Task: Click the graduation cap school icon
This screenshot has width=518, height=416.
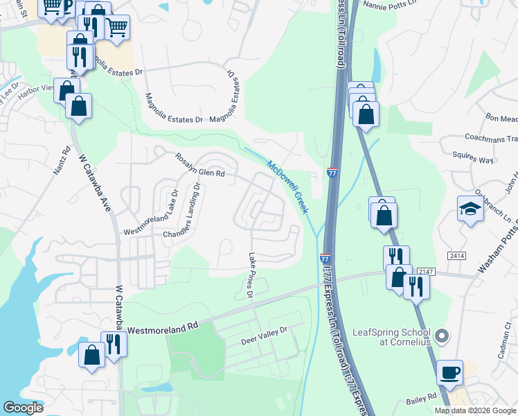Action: pyautogui.click(x=470, y=208)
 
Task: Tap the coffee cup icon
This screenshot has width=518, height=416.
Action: pyautogui.click(x=450, y=372)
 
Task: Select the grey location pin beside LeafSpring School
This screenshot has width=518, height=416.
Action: pyautogui.click(x=443, y=336)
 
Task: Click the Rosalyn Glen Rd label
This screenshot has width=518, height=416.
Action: pyautogui.click(x=201, y=164)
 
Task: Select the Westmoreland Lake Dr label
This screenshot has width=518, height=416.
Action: pyautogui.click(x=151, y=213)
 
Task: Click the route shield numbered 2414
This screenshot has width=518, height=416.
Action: pyautogui.click(x=456, y=256)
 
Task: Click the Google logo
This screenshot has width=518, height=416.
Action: pyautogui.click(x=24, y=408)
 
